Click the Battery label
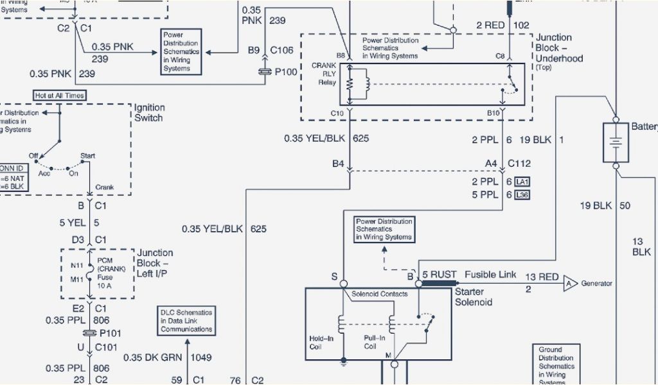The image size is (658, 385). click(x=644, y=126)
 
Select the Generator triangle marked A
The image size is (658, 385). click(x=570, y=283)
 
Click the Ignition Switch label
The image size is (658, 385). click(x=149, y=112)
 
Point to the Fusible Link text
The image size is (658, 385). click(x=490, y=275)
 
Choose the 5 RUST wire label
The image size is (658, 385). click(x=439, y=275)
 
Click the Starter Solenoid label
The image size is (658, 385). click(x=473, y=297)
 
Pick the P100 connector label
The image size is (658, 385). click(x=286, y=72)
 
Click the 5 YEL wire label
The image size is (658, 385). click(x=72, y=223)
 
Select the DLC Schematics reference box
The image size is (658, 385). click(x=186, y=320)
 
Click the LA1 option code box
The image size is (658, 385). click(x=522, y=182)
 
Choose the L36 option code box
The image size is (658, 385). click(x=522, y=195)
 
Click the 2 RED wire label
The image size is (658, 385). click(x=490, y=26)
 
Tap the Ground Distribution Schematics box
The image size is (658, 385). click(x=556, y=365)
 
